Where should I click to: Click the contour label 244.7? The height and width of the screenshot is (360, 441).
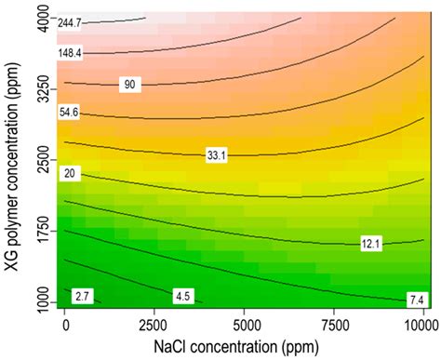[73, 21]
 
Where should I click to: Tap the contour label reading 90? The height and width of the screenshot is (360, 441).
[131, 86]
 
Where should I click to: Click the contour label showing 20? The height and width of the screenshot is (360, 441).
[68, 174]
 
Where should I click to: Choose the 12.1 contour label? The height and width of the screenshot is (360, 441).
[372, 244]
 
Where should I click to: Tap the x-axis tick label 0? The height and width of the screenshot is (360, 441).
[65, 325]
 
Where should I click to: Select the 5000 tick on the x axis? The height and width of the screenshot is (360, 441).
[243, 325]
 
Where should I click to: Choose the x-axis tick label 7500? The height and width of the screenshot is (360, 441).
[332, 325]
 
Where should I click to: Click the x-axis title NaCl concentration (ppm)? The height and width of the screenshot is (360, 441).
[243, 346]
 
